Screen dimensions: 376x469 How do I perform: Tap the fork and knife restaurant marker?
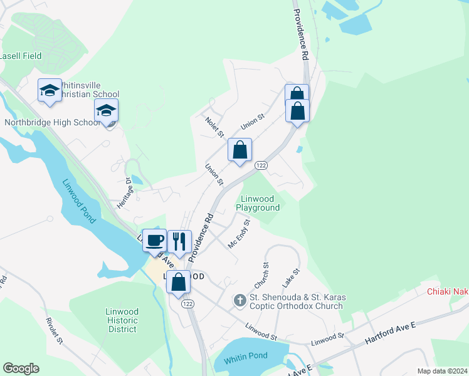click(x=179, y=242)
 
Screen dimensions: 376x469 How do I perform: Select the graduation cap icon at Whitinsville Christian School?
click(x=50, y=91)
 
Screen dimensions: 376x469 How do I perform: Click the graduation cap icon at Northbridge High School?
click(x=106, y=110)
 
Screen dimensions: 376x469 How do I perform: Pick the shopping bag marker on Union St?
click(x=240, y=150)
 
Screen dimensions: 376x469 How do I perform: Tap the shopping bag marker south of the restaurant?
click(x=178, y=282)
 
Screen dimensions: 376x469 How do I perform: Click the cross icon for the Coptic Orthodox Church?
click(x=239, y=301)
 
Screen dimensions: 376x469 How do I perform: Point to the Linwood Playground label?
click(x=258, y=203)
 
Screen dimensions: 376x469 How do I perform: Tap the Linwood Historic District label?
click(x=122, y=320)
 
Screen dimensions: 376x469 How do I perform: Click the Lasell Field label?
click(x=21, y=56)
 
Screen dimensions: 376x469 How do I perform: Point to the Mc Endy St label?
click(x=240, y=233)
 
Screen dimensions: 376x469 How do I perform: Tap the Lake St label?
click(x=292, y=276)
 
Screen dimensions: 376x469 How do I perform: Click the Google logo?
click(x=21, y=368)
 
